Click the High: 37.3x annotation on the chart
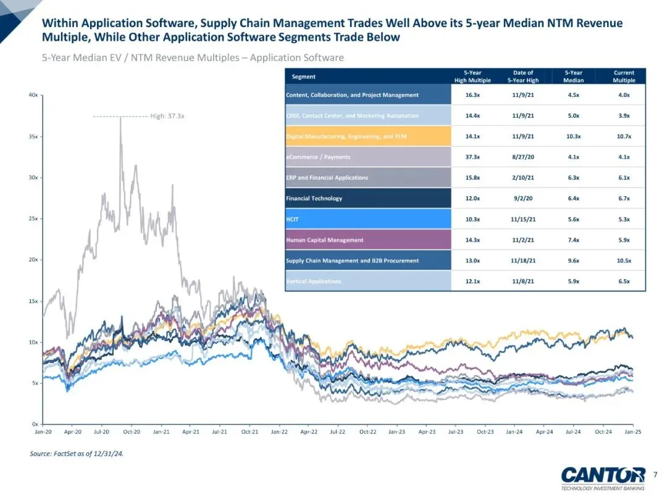click(167, 115)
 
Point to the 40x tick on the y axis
click(35, 95)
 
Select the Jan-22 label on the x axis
click(279, 432)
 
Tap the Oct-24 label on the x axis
click(603, 432)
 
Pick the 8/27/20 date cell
click(522, 157)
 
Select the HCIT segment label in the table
click(293, 219)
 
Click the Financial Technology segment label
click(314, 198)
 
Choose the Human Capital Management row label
click(324, 240)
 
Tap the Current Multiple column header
click(624, 77)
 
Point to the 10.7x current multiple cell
click(624, 136)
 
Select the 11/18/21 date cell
click(522, 260)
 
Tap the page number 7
click(655, 474)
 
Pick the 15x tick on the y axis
click(35, 301)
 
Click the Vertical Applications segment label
click(313, 281)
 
